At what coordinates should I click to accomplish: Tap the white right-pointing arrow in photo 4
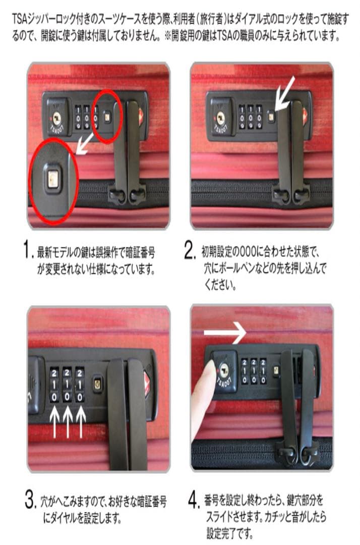(x=224, y=333)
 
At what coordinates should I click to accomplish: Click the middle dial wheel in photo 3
(x=67, y=385)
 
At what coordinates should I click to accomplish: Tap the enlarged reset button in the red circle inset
(x=52, y=178)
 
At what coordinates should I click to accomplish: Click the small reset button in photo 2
(x=271, y=117)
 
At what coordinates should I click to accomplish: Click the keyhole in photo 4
(x=223, y=370)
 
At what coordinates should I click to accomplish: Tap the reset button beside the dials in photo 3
(x=97, y=385)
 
